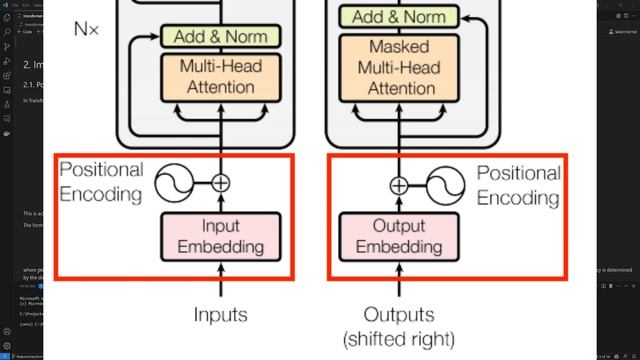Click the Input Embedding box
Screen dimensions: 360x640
pos(220,235)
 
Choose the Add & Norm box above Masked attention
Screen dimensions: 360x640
pos(398,17)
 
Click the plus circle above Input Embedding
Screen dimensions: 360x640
pos(220,183)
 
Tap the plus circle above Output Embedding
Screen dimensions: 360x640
pos(398,184)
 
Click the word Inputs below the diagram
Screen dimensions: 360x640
pos(220,315)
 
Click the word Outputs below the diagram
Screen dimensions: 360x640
pos(398,315)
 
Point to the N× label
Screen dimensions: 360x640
pos(86,29)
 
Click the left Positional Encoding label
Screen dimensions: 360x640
pos(101,182)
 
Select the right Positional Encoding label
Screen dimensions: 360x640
pos(517,185)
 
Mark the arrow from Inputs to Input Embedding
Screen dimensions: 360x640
pos(220,282)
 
